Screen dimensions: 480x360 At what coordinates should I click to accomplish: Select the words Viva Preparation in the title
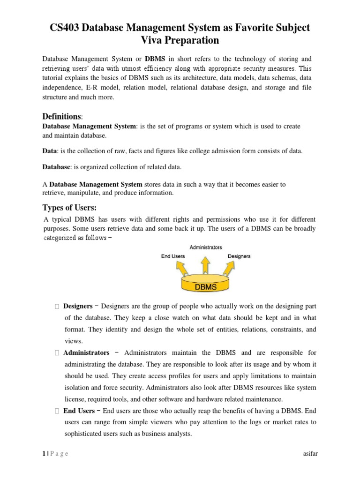180,41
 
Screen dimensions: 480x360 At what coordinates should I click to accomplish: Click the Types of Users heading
69,208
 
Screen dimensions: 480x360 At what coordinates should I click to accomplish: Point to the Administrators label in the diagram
206,247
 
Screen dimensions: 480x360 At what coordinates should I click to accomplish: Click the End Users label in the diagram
172,256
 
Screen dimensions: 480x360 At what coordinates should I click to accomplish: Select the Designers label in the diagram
239,256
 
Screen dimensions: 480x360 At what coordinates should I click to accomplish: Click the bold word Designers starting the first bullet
78,306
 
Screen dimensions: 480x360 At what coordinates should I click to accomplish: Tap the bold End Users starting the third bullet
79,411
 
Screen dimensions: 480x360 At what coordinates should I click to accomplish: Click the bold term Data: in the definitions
50,150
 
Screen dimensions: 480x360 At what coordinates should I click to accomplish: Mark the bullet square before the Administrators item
56,353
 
